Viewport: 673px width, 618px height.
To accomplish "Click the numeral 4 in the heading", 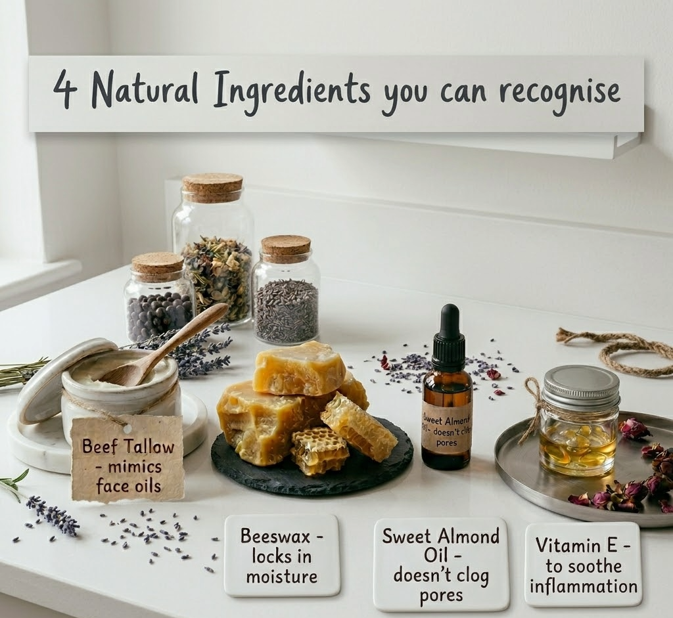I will coord(64,89).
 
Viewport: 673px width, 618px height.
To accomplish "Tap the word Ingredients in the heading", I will coord(291,92).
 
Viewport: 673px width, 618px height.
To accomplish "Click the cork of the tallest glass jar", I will coord(212,187).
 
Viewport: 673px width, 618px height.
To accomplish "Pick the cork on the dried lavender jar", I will coord(286,248).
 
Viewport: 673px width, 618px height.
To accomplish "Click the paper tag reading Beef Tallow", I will coord(127,457).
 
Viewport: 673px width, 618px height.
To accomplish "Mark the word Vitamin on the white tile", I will coord(568,544).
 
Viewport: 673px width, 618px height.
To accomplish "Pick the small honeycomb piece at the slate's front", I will coord(319,451).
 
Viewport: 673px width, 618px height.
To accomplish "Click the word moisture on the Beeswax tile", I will coord(282,577).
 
